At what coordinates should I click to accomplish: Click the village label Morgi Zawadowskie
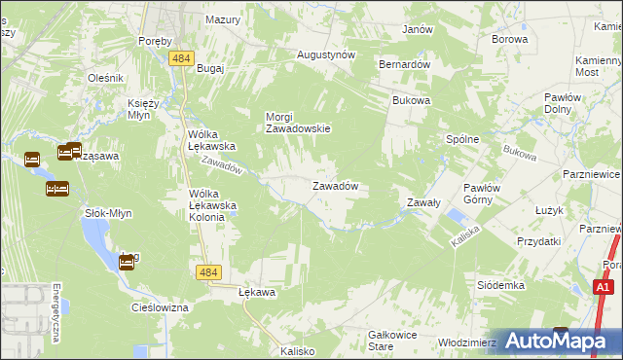(299, 123)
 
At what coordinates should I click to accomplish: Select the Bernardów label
(404, 63)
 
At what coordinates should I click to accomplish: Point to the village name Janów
(418, 29)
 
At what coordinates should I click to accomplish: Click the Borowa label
(510, 40)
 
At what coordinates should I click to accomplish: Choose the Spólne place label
(462, 139)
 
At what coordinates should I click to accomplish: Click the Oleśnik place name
(105, 78)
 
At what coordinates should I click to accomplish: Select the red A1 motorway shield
(604, 287)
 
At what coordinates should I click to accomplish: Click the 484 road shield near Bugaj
(179, 59)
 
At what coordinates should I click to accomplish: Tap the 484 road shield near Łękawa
(206, 273)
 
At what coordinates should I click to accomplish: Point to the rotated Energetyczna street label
(57, 313)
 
